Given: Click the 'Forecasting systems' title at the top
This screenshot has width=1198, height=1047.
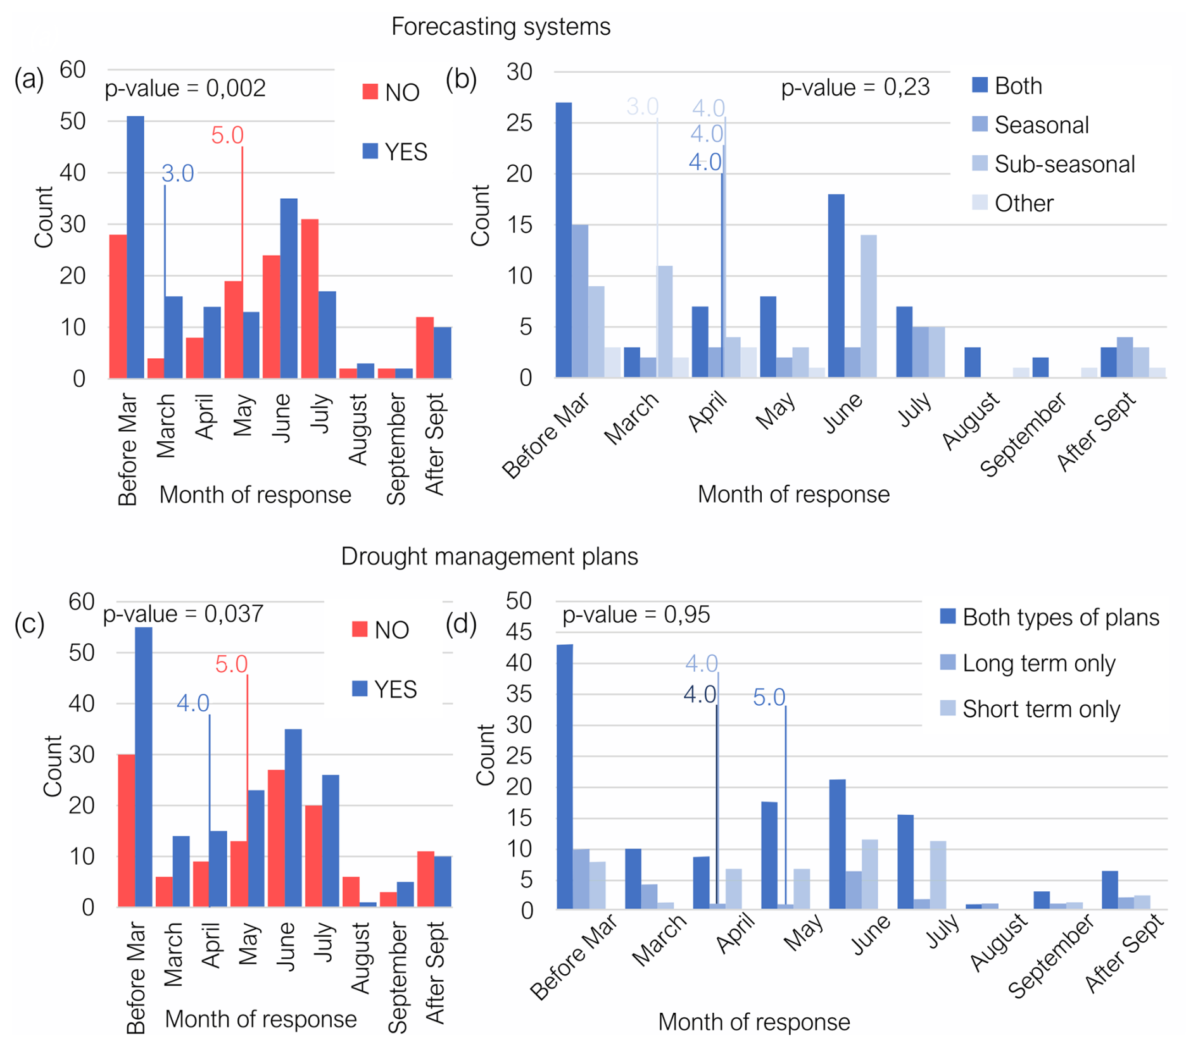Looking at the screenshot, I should pos(500,27).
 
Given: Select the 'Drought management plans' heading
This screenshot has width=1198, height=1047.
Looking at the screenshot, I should pos(489,556).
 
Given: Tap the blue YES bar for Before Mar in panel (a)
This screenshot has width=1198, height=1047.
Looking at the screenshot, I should pos(136,247).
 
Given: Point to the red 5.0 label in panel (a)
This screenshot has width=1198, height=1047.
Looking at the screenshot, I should pos(227,135).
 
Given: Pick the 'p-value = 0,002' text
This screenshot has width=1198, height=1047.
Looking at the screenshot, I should pos(185,89).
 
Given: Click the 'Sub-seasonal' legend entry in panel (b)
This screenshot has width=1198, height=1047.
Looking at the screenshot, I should pos(1064,165).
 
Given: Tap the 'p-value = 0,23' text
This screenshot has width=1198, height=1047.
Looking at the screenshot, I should pos(855,87).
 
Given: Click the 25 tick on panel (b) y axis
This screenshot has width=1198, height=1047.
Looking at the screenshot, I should pos(519,123).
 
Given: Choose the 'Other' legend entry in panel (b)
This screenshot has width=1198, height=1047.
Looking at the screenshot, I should pos(1023,204).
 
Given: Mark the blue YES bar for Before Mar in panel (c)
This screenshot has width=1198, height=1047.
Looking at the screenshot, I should pos(144,767).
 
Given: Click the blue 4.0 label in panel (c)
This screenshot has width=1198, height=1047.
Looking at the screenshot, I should pos(192,703).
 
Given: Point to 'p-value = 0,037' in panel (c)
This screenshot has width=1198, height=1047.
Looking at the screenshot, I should pos(183,614).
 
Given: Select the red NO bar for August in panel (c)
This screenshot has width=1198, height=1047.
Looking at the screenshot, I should pos(351,892).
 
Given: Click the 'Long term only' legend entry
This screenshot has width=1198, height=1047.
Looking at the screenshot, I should pos(1038,663).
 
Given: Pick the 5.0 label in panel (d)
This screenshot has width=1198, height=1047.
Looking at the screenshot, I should pos(769,698).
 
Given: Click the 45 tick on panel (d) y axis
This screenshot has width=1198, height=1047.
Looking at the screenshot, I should pos(519,632).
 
